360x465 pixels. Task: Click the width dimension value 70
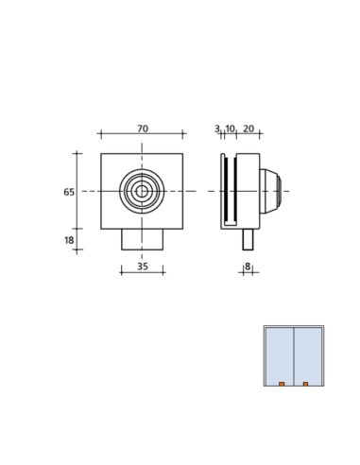tap(142, 129)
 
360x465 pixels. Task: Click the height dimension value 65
tap(69, 192)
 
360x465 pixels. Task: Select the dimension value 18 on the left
tap(69, 240)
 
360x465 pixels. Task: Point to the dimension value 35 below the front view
tap(142, 267)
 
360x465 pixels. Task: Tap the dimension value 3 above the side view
tap(216, 129)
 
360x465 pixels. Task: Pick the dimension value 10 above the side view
tap(230, 129)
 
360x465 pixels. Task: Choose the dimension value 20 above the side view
tap(249, 129)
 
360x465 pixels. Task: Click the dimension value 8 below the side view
tap(248, 267)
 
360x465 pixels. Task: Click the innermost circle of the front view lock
tap(142, 191)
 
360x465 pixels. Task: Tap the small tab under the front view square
tap(142, 239)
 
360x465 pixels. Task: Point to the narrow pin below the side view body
tap(248, 239)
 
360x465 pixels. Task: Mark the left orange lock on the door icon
tap(282, 384)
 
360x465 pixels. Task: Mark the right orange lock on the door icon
tap(305, 384)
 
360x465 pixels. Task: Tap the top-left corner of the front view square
tap(101, 154)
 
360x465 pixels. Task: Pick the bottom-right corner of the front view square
tap(183, 229)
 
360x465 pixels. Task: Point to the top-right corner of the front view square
tap(183, 154)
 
